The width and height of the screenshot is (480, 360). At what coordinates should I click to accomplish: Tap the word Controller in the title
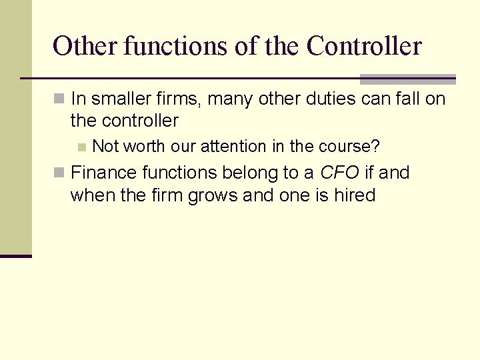(x=364, y=46)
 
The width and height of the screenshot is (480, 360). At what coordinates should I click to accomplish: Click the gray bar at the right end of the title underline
(x=407, y=79)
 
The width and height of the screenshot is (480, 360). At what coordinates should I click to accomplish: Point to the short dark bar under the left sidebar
(x=16, y=255)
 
